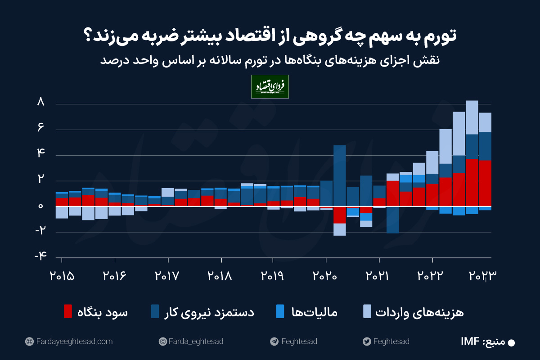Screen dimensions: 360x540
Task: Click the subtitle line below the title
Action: (270, 61)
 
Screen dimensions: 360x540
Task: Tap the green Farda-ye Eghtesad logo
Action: (270, 86)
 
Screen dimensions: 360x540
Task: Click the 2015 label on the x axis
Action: (62, 275)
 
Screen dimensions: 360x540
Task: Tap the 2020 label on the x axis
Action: (326, 275)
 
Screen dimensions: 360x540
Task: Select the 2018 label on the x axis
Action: (220, 275)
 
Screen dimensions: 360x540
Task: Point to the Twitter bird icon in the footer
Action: (366, 342)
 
